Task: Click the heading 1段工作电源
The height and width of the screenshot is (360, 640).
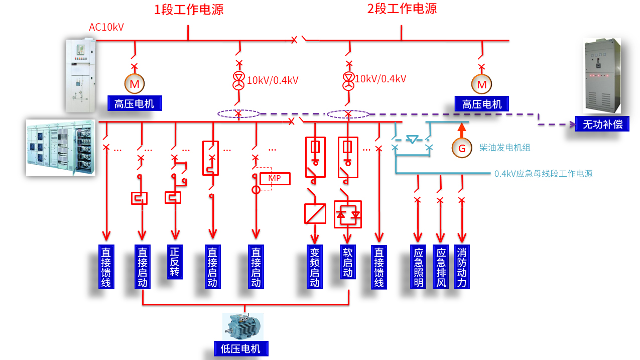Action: coord(189,9)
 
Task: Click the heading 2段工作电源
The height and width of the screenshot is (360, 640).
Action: coord(402,9)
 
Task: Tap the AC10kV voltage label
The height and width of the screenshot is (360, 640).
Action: coord(106,27)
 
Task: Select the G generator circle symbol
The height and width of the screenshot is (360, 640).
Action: coord(461,148)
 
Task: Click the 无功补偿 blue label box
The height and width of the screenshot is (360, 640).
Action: coord(602,125)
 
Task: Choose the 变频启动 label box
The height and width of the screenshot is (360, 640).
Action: coord(315,267)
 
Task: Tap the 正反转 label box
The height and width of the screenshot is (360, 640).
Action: coord(175,262)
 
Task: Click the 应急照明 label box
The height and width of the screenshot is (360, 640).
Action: coord(419,267)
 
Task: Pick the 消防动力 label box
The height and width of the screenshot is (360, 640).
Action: coord(462,267)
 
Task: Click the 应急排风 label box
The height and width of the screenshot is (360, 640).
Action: coord(441,267)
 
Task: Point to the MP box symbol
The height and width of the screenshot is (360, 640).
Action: coord(275,179)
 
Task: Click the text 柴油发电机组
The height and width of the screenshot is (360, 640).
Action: coord(504,148)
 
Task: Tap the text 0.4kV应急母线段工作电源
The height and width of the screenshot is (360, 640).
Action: coord(543,174)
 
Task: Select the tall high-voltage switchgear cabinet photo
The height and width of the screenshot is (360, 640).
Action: coord(80,76)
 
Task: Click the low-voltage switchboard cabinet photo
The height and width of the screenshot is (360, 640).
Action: coord(60,148)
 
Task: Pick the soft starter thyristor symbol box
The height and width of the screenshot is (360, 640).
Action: coord(348,214)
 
